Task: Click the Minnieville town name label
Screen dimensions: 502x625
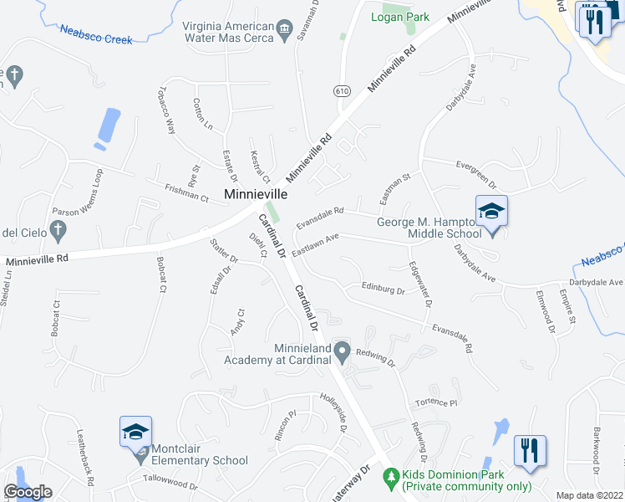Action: coord(256,193)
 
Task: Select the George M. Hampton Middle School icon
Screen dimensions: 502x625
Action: coord(491,210)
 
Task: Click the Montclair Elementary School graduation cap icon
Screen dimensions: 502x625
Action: coord(135,432)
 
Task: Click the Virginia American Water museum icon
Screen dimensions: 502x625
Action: coord(285,32)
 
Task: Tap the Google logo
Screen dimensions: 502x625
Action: coord(28,492)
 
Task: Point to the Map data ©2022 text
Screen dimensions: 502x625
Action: coord(589,495)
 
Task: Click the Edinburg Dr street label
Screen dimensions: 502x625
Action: coord(383,289)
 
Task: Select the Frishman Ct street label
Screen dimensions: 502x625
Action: coord(186,193)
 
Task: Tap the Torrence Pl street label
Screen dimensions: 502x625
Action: coord(436,403)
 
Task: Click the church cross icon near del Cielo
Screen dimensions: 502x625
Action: coord(58,228)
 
